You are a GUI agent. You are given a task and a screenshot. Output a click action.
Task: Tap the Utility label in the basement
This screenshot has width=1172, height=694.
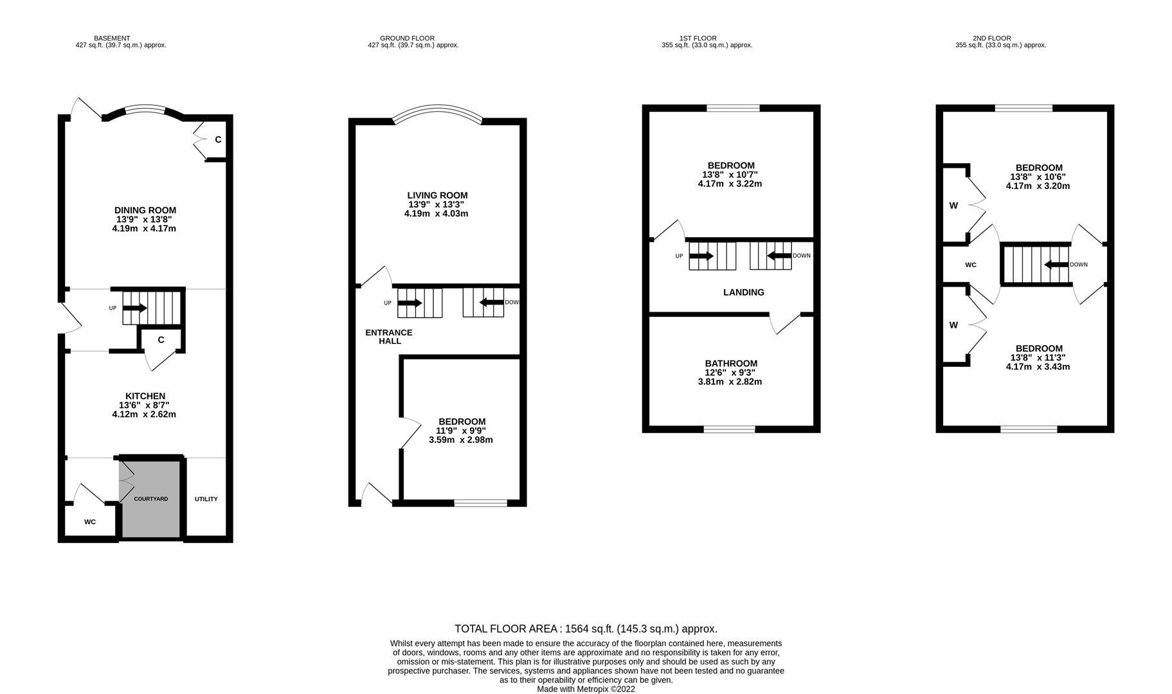[206, 499]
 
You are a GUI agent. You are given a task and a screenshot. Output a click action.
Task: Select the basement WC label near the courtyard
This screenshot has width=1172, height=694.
[90, 522]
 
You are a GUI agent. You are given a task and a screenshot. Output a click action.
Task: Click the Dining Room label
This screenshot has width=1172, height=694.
[145, 210]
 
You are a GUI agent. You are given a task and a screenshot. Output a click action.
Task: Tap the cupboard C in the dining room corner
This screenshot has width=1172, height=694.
[218, 139]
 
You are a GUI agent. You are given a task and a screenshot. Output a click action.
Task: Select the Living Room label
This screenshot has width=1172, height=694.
[437, 195]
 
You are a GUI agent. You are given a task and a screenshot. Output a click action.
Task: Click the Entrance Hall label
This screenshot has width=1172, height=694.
[388, 337]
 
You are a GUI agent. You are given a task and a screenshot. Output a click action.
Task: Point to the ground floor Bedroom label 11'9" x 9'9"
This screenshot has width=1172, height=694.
[462, 422]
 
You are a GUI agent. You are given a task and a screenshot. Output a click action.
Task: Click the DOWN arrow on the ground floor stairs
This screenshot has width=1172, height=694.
[492, 303]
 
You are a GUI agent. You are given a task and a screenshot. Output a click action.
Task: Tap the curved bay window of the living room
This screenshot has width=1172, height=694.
[437, 114]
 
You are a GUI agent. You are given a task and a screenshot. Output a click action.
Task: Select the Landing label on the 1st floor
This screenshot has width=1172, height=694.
[743, 292]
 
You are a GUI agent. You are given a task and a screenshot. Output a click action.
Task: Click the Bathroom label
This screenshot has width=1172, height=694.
[731, 364]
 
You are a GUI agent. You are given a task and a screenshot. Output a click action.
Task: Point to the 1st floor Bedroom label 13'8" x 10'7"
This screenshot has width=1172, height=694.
[731, 166]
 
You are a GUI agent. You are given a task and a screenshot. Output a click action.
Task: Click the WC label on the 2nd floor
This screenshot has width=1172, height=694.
[971, 265]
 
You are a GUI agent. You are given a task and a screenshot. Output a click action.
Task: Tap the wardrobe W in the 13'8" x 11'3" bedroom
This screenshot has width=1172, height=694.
[953, 325]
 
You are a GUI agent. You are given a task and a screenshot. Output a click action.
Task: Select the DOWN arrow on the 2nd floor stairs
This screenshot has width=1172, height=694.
[1056, 265]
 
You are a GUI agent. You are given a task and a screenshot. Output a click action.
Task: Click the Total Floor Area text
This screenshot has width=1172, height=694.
[586, 629]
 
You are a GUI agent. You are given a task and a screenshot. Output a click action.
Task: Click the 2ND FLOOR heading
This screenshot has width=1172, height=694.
[1000, 39]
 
